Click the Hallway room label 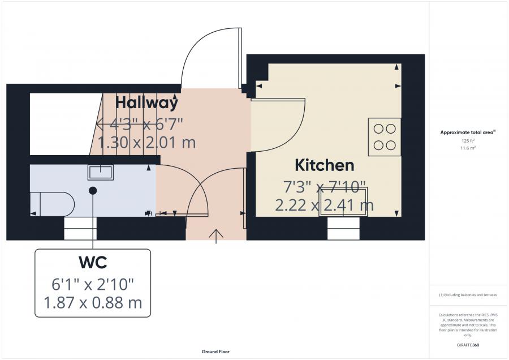pos(146,102)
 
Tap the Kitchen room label pos(324,165)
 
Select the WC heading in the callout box pos(93,262)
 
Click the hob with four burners pos(385,137)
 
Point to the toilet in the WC pos(52,204)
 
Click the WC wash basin pos(101,172)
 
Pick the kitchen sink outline pos(343,202)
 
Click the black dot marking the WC pos(93,191)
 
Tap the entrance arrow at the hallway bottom pos(216,236)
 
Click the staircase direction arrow pos(137,124)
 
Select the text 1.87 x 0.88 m pos(93,303)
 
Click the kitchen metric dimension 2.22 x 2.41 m pos(324,205)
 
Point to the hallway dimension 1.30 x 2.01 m pos(146,142)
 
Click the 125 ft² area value pos(468,141)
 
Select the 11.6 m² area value pos(468,148)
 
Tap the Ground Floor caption pos(215,352)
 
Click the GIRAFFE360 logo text pos(468,345)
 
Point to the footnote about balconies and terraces pos(468,295)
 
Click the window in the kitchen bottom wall pos(343,229)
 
